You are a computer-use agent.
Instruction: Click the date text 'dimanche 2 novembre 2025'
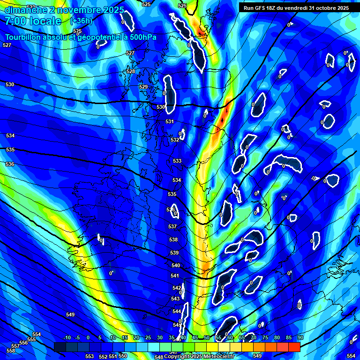coord(64,10)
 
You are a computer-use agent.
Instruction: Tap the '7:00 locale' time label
coord(33,21)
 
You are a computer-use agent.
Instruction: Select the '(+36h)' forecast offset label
coord(81,21)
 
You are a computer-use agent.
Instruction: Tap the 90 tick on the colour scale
coord(300,338)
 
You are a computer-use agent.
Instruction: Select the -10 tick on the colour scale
coord(67,338)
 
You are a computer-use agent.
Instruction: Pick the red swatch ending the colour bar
coord(294,346)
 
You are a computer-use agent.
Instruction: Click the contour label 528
coord(131,71)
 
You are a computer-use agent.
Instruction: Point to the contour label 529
coord(143,87)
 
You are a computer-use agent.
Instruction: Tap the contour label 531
coord(170,121)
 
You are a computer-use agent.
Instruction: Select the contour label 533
coord(177,161)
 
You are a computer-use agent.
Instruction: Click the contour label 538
coord(173,240)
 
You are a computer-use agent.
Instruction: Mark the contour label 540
coord(175,265)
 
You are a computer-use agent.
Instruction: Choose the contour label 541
coord(175,276)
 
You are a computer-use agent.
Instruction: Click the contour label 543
coord(176,299)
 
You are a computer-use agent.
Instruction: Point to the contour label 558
coord(11,351)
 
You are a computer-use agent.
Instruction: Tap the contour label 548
coord(159,357)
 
